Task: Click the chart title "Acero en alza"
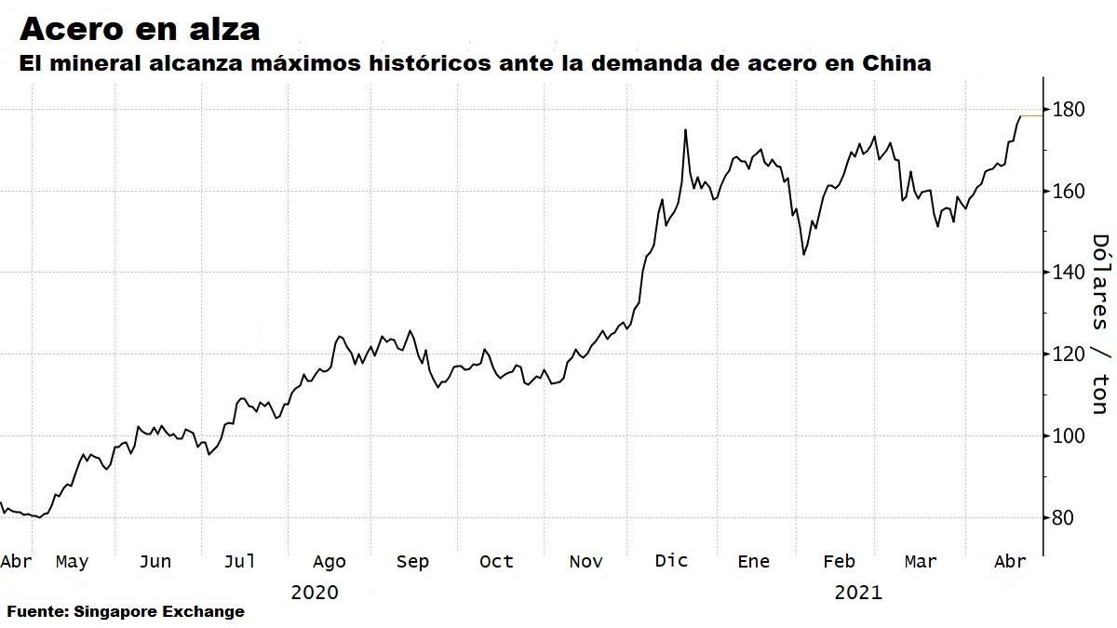click(x=140, y=29)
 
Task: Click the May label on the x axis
click(x=72, y=561)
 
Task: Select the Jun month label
click(x=155, y=561)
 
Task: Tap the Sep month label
click(x=412, y=561)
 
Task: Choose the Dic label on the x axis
click(x=671, y=561)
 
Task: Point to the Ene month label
click(x=753, y=561)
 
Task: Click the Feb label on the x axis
click(x=839, y=561)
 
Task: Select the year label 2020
click(x=314, y=592)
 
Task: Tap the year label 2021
click(x=857, y=592)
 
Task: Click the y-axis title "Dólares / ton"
click(x=1099, y=323)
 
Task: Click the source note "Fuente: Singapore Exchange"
click(x=126, y=611)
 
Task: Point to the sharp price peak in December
click(x=685, y=130)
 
